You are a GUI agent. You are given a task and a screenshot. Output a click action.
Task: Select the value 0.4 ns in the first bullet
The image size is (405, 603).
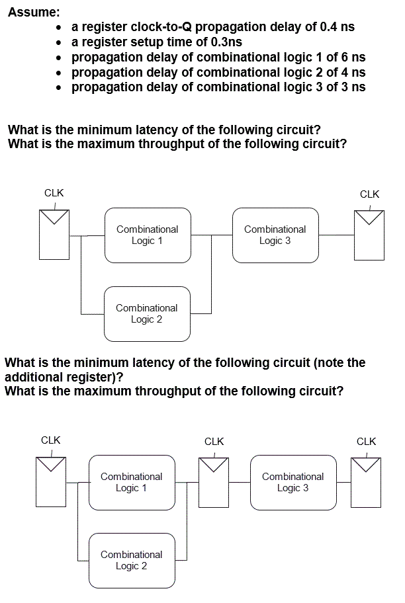(337, 27)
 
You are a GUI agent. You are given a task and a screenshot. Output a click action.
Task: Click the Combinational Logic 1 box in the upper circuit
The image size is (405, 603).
(148, 235)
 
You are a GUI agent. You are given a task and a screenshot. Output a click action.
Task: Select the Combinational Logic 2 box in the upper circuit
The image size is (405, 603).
(147, 313)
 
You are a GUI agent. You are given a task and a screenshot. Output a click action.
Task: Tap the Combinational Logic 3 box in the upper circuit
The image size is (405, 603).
(275, 235)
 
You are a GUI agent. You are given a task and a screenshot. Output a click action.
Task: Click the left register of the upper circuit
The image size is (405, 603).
(54, 235)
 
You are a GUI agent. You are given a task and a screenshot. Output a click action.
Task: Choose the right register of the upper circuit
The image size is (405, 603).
(369, 235)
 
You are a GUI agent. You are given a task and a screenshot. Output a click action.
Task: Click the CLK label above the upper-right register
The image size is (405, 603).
(369, 194)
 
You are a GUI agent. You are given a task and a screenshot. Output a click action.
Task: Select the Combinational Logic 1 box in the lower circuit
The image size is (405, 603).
(132, 482)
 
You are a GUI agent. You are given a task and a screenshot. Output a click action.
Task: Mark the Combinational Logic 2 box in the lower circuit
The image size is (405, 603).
(132, 560)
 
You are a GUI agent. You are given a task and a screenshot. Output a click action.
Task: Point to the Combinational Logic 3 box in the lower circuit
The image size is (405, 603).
(293, 482)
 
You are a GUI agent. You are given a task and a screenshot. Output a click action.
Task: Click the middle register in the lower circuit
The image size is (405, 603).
(214, 482)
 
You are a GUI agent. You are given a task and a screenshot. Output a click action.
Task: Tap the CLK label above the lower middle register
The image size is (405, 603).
(214, 441)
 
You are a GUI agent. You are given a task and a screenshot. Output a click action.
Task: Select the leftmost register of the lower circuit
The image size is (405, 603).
(50, 482)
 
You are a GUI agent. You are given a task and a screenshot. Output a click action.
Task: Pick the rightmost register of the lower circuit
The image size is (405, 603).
(366, 482)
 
